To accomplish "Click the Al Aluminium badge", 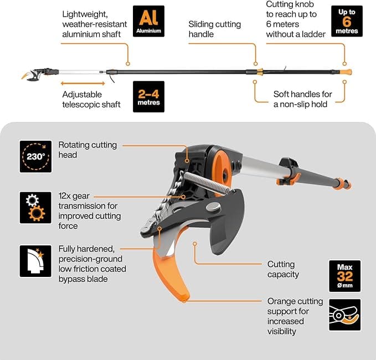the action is tap(148, 21).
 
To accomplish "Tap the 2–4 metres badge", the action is tap(148, 97).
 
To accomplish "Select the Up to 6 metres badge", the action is tap(347, 21).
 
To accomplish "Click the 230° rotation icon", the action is tap(35, 157).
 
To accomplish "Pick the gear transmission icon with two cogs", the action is tap(35, 208).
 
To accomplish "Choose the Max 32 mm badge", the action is tap(345, 276).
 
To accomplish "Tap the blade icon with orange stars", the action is tap(35, 261).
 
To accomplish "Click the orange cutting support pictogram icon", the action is tap(345, 315).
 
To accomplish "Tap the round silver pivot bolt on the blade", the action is tap(213, 207).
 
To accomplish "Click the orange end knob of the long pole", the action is tap(346, 71).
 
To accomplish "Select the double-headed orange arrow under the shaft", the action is tap(83, 84).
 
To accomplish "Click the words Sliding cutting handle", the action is tap(215, 29).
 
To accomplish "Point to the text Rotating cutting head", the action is tap(87, 150).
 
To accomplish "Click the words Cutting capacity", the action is tap(283, 269).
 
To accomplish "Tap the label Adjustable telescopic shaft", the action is tap(91, 100).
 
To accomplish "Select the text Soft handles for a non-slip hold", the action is tap(302, 99).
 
